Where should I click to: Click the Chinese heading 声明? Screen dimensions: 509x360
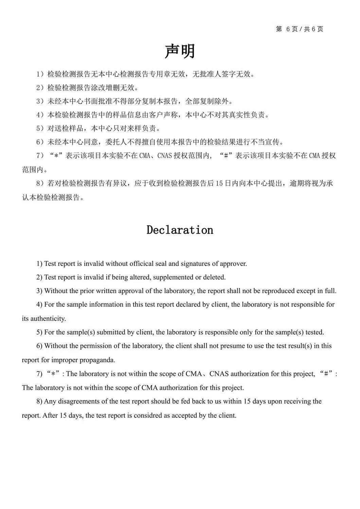[180, 52]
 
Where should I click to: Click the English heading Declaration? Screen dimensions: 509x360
[180, 230]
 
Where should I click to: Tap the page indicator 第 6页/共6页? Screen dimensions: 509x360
[300, 29]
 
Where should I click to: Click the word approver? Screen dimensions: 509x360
[233, 263]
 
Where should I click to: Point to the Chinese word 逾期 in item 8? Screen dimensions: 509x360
[296, 183]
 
